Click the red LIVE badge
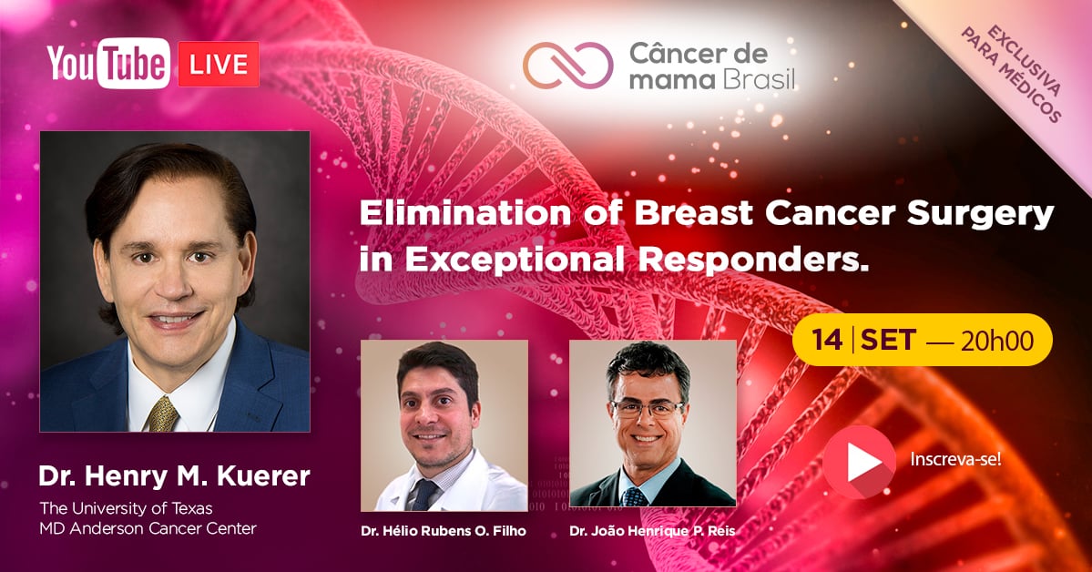[x=218, y=64]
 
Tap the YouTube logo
[x=108, y=64]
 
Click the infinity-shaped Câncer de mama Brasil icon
[x=568, y=66]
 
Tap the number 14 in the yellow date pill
[x=827, y=340]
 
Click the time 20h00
[x=996, y=341]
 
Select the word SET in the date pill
[x=888, y=340]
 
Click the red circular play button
[x=860, y=462]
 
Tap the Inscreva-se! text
[x=955, y=460]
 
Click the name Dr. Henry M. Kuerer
[x=174, y=476]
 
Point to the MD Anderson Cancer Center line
[x=148, y=528]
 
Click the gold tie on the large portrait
[x=162, y=414]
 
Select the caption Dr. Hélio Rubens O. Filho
[x=444, y=531]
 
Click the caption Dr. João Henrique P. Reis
[x=652, y=531]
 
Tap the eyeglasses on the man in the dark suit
[x=647, y=409]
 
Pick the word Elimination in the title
[x=465, y=213]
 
